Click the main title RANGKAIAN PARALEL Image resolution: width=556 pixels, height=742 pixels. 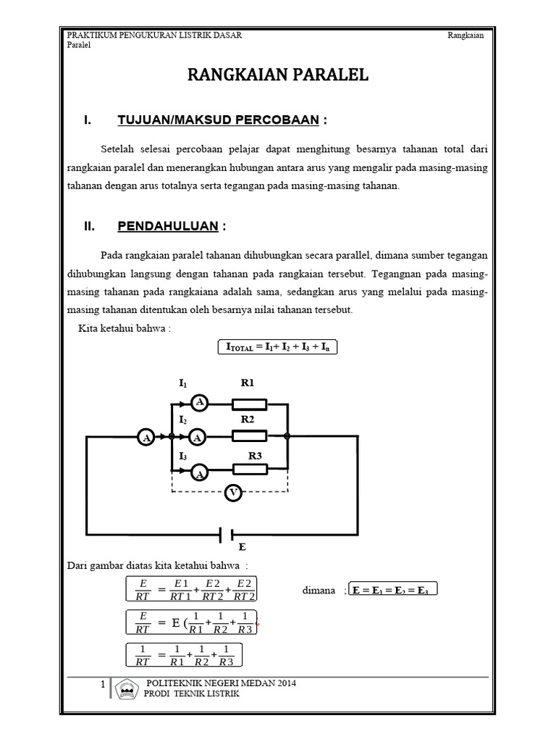coord(279,75)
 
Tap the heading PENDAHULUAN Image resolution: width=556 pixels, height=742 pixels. coord(168,227)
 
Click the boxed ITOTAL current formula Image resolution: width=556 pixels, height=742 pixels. coord(278,348)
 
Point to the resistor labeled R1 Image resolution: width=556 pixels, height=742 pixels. coord(249,404)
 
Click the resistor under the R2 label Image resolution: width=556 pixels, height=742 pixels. coord(249,436)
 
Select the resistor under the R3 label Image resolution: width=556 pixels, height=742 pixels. coord(249,469)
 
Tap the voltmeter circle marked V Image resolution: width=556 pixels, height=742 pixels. coord(233,493)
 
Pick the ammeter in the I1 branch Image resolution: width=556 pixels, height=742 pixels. coord(199,404)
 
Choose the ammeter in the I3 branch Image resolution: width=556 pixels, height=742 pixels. coord(199,472)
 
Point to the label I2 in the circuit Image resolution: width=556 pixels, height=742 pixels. coord(182,420)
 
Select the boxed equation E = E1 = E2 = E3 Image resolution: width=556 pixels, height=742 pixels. coord(392,591)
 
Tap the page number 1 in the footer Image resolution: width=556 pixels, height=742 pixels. coord(104,685)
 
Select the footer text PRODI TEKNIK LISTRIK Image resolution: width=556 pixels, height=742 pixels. coord(193,693)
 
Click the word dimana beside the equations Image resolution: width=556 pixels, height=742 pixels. coord(318,591)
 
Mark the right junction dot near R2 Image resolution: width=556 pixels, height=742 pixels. coord(288,436)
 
